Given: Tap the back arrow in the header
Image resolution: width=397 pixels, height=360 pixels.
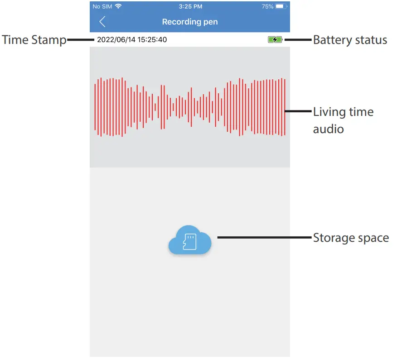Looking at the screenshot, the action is tap(102, 21).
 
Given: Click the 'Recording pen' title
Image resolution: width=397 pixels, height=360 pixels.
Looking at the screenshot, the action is tap(189, 22).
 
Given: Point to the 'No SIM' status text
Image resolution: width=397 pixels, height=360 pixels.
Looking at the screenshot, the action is tap(102, 7).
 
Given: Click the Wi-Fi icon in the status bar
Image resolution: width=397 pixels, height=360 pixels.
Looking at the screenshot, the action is tap(118, 6).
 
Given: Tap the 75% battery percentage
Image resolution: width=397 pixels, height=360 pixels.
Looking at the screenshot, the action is tap(267, 7).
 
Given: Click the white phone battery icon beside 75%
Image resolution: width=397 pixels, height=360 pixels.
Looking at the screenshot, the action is tap(281, 7).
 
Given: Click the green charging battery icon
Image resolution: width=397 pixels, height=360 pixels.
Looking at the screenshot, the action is tap(275, 40).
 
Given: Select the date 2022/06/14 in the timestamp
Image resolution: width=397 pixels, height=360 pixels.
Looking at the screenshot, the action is tap(116, 40).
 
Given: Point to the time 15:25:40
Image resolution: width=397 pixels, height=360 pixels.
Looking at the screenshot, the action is tap(152, 40).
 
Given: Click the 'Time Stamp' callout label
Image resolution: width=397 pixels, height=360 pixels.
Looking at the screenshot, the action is tap(34, 40).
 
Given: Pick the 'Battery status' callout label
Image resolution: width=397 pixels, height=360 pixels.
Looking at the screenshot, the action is tap(350, 40).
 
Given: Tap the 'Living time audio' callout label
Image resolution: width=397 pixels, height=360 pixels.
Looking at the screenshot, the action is tap(343, 120).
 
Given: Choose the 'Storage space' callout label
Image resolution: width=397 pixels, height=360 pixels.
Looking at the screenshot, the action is tap(351, 237).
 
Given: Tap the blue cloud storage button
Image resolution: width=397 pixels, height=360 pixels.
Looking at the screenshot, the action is tap(190, 240).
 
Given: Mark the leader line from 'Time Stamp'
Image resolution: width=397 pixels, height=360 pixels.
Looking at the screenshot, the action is tap(81, 40).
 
